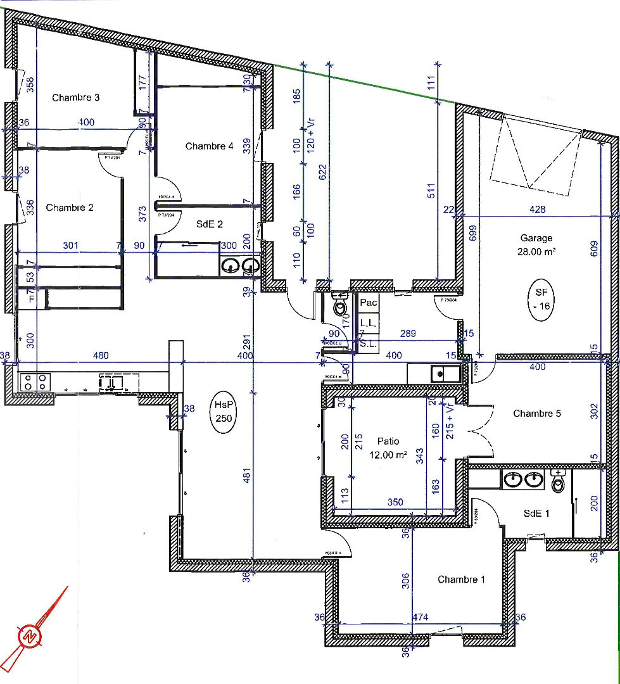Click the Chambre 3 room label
(75, 98)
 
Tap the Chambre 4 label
(209, 146)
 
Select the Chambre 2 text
(69, 208)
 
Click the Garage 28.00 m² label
(536, 244)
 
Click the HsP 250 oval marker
(224, 412)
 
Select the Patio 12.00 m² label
(388, 447)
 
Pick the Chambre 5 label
(536, 414)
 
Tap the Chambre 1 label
(461, 579)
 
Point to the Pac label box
(369, 303)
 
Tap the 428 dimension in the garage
(537, 210)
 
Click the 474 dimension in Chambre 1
(421, 617)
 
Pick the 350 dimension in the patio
(395, 502)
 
